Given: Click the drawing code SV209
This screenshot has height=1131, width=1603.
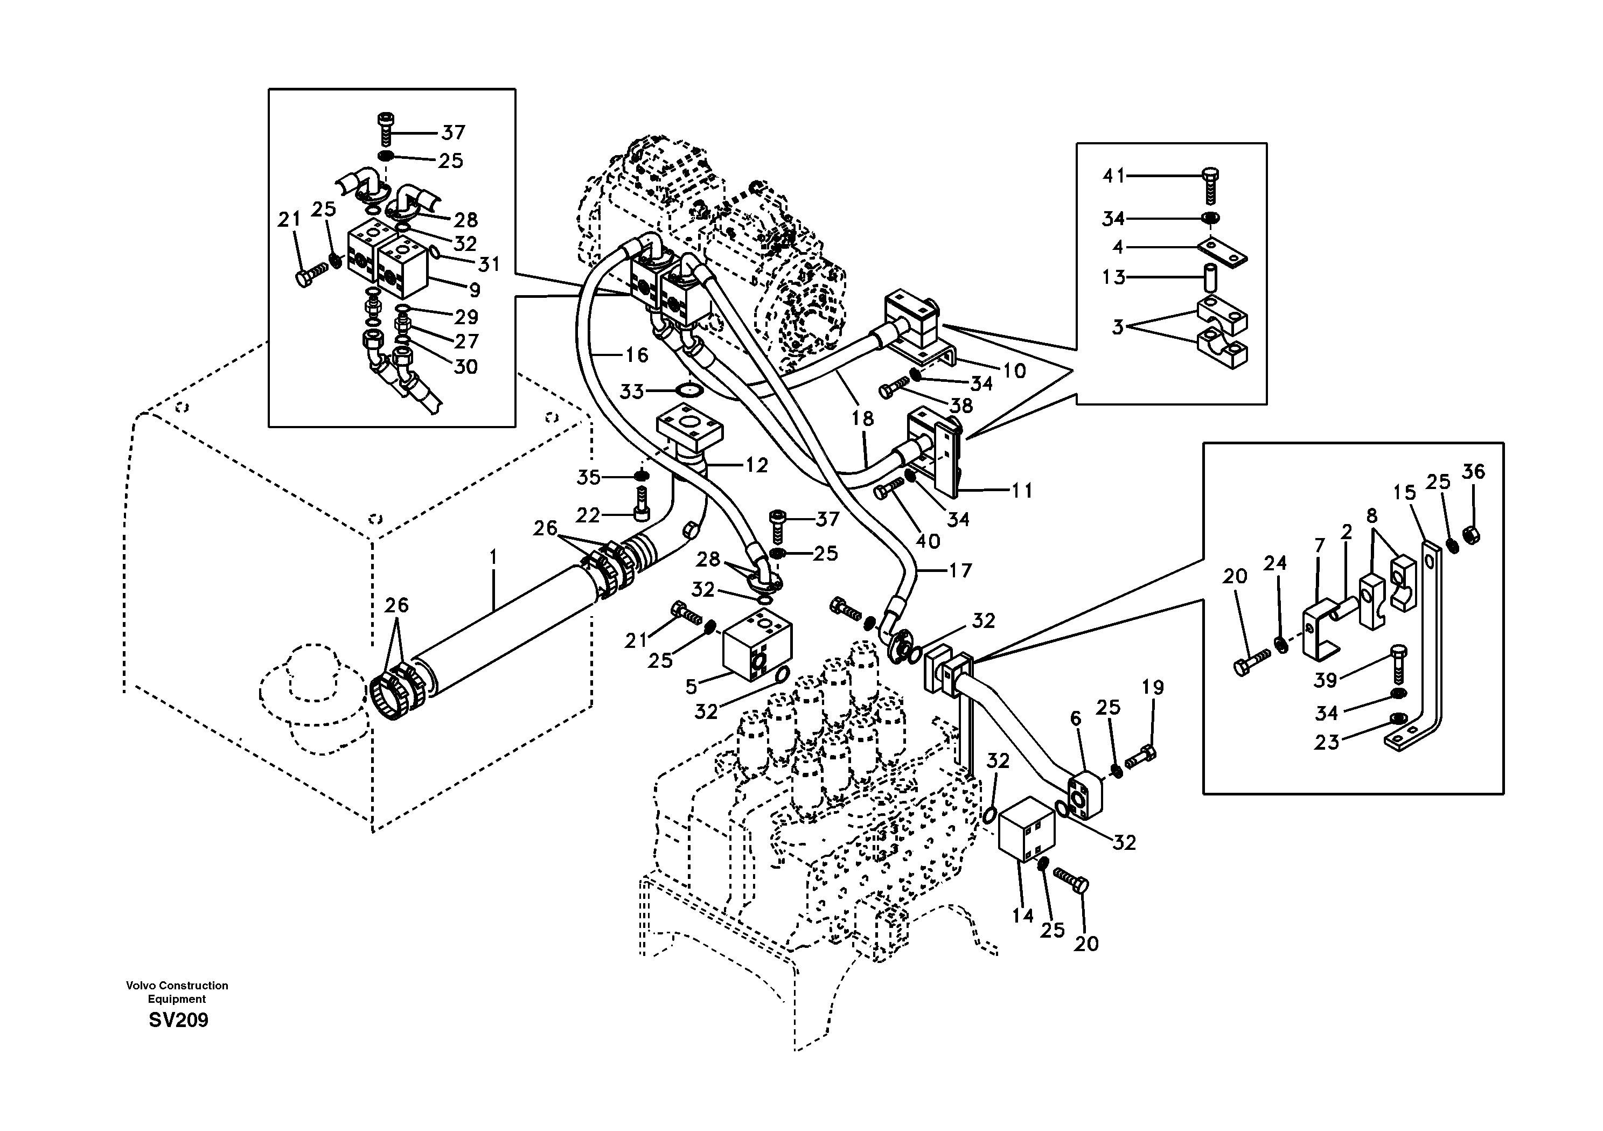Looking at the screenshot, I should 178,1021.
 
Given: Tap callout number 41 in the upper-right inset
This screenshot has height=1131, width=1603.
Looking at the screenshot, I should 1113,176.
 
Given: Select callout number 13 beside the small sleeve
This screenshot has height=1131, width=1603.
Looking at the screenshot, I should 1113,278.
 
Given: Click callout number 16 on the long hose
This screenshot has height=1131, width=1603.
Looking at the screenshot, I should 636,355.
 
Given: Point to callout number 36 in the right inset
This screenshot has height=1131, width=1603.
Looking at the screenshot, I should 1473,472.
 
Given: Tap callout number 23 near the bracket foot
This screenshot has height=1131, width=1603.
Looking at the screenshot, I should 1327,742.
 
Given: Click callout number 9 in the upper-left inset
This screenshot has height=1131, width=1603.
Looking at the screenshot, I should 474,289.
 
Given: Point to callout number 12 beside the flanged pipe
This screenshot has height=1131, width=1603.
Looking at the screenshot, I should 756,465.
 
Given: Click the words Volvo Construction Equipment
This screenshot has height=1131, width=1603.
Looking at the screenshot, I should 177,992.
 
